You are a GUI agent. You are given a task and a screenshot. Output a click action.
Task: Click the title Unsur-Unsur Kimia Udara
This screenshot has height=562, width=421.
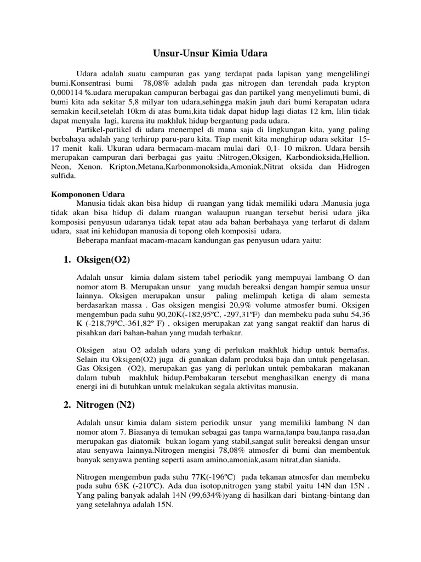pyautogui.click(x=210, y=54)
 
